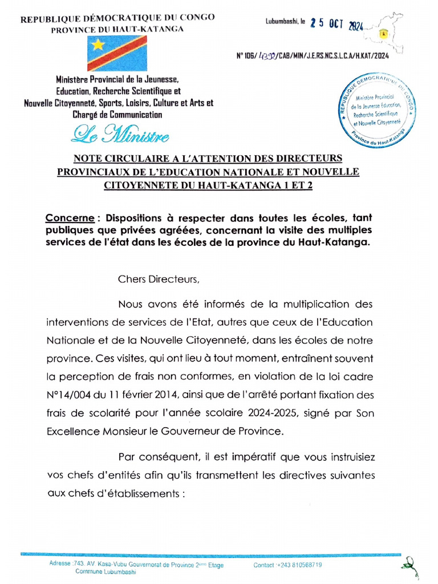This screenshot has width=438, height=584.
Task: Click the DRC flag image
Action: click(x=117, y=53)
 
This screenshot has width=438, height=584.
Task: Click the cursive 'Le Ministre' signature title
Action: click(x=120, y=135)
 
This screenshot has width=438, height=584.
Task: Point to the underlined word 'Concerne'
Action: click(x=69, y=218)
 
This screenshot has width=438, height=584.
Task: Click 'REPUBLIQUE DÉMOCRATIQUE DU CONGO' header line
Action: click(x=117, y=18)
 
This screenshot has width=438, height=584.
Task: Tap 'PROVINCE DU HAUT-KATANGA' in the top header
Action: click(x=117, y=29)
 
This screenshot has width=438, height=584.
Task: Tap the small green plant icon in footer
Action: click(x=408, y=568)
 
